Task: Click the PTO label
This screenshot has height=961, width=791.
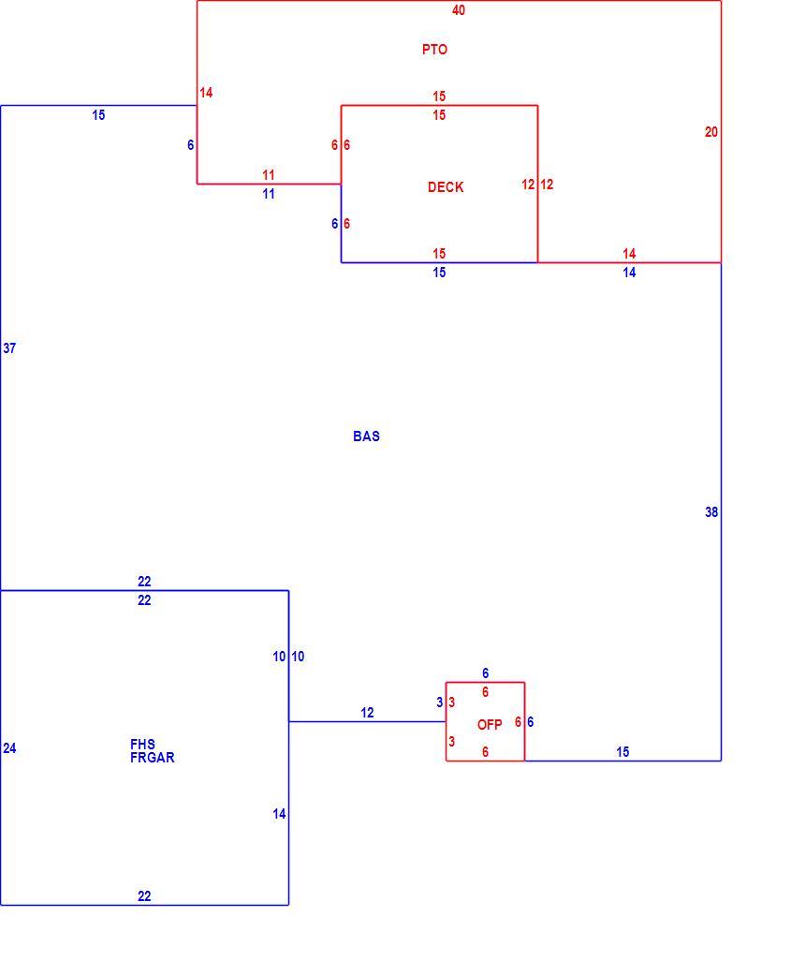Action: (434, 50)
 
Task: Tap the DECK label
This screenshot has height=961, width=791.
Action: (446, 187)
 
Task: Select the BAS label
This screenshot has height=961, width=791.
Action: (366, 436)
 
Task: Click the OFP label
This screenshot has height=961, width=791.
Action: (490, 725)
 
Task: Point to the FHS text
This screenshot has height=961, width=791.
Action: (143, 744)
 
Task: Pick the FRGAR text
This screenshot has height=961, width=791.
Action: (153, 758)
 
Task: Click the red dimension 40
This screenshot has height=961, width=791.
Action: (459, 9)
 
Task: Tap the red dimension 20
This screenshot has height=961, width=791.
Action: (711, 132)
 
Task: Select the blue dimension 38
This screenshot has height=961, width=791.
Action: (711, 512)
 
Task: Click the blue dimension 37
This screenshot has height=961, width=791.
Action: (9, 348)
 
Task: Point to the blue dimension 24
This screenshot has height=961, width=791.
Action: (9, 748)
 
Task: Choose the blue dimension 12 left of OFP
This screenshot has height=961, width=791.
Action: (367, 713)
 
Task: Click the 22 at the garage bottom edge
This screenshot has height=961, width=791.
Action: (144, 896)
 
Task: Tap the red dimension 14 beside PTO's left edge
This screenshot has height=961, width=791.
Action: (206, 93)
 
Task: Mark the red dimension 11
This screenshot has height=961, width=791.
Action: (269, 174)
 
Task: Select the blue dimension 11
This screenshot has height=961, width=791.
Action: (269, 194)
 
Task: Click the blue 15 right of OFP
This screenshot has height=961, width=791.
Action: (623, 752)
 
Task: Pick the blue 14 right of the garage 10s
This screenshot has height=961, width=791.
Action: (279, 814)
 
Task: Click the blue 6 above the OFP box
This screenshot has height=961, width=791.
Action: (485, 673)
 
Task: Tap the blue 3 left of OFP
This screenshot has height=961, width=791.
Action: (439, 702)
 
